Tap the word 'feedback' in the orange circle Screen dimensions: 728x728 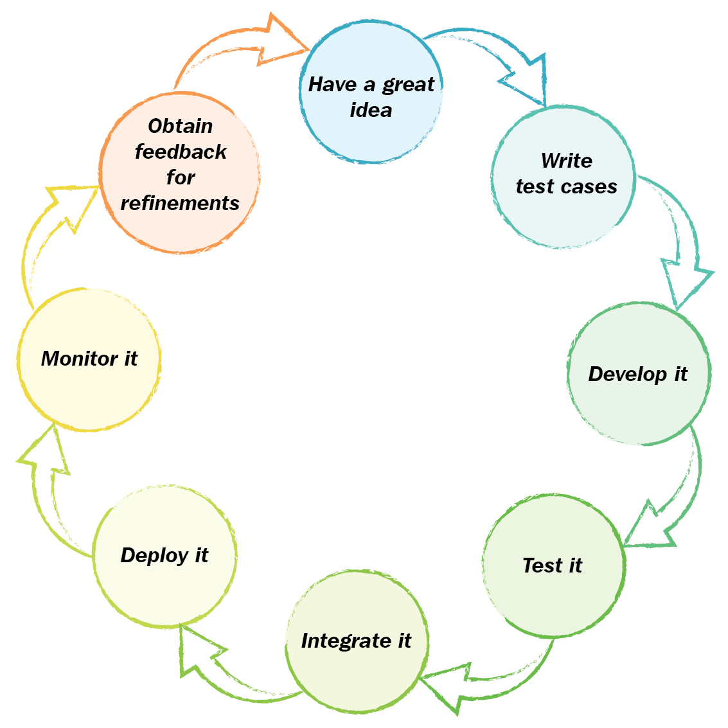tap(181, 152)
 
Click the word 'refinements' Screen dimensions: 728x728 tap(180, 203)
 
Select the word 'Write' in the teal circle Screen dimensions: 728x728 tap(566, 161)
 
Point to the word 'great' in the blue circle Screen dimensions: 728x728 tap(409, 85)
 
